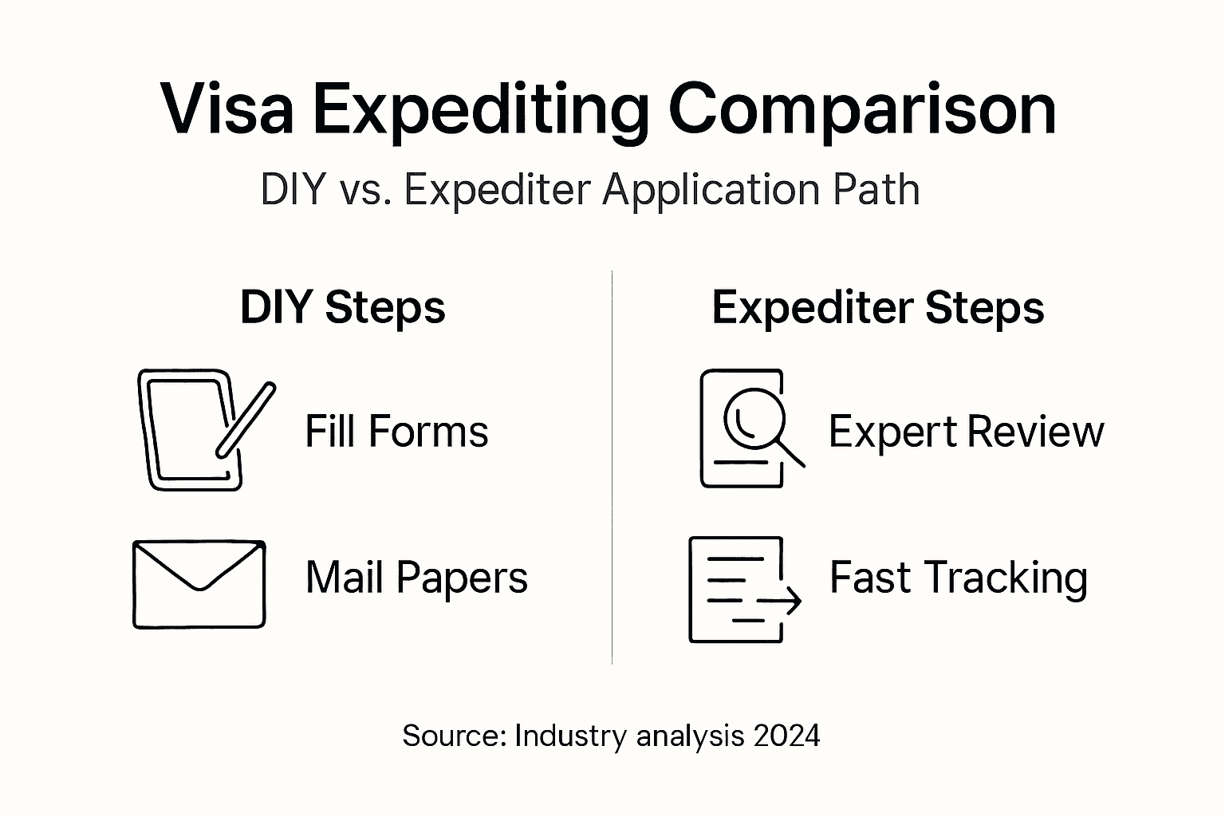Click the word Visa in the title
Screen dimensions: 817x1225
point(227,109)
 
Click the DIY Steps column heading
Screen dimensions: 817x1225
point(342,307)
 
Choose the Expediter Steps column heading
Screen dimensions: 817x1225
point(877,307)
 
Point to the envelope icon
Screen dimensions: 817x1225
point(199,584)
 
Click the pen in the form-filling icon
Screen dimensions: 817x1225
point(246,420)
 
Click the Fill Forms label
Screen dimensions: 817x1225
point(396,432)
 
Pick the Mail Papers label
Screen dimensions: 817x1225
point(416,578)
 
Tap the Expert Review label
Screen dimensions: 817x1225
point(966,432)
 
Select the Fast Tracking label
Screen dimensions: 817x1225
point(958,578)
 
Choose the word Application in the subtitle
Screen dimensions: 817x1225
point(709,190)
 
